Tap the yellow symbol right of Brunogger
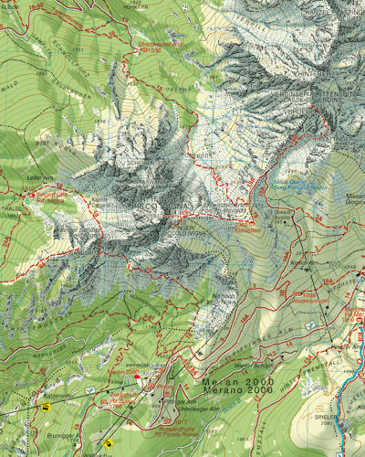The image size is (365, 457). point(109,442)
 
